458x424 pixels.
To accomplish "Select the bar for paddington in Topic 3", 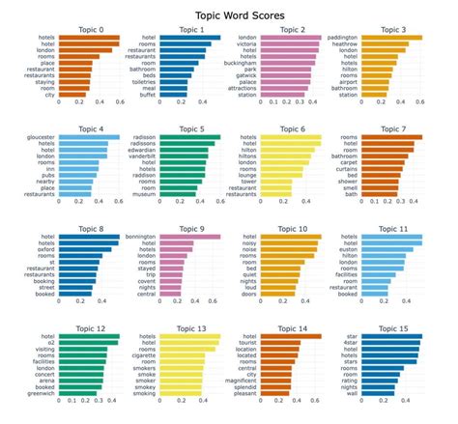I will pos(392,39).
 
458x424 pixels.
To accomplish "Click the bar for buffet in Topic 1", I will pos(174,95).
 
